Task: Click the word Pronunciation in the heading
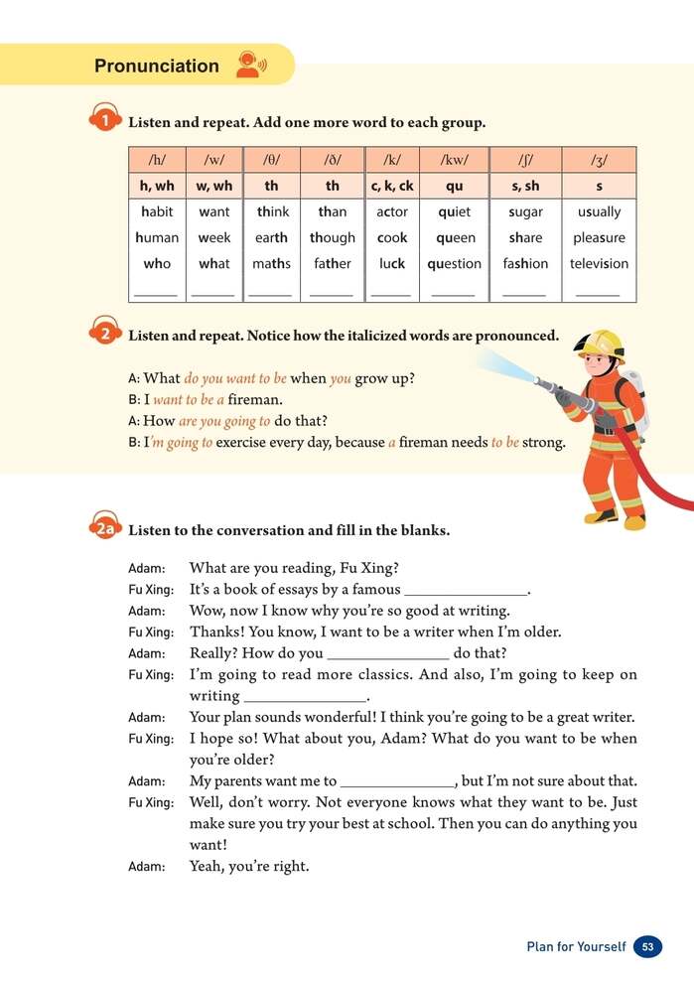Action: [x=156, y=67]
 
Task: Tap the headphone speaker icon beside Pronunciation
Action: [x=249, y=66]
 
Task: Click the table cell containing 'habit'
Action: [x=157, y=211]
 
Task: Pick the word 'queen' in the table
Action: [x=455, y=238]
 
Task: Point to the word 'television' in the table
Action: [x=599, y=264]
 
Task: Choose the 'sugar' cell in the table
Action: [x=525, y=211]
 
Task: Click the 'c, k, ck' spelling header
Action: [x=392, y=186]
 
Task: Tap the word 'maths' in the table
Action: [x=271, y=264]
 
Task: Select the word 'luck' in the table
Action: [x=392, y=264]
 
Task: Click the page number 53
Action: [x=647, y=947]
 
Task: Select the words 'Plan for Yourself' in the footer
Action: [x=576, y=947]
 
